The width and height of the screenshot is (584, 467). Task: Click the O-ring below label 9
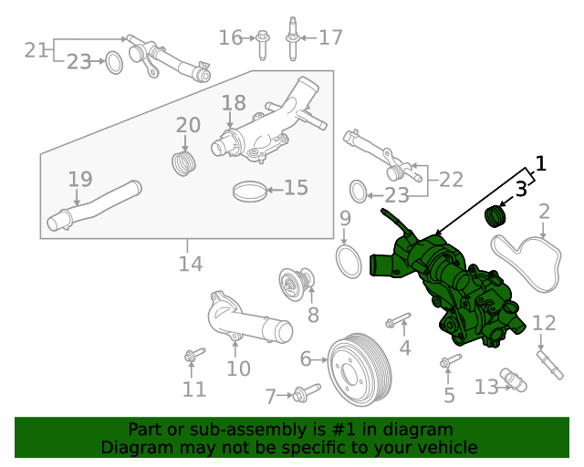(x=348, y=260)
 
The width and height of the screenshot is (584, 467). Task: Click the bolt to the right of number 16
(x=262, y=38)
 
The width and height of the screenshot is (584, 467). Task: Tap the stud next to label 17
(x=293, y=37)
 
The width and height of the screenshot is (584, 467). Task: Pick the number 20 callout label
(x=188, y=125)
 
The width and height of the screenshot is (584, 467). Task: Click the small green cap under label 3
(x=495, y=217)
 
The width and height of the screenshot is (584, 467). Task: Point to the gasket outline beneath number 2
(x=527, y=263)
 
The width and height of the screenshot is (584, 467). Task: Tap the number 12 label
(x=544, y=322)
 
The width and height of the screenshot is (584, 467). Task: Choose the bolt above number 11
(x=192, y=355)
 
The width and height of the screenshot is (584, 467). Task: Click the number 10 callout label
(x=238, y=368)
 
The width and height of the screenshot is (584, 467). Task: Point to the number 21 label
(x=36, y=50)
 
